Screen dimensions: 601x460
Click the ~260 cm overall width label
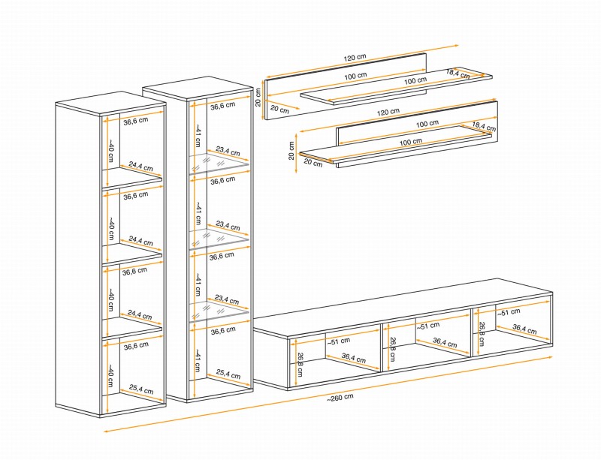[340, 398]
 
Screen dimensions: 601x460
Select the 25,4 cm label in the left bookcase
[141, 389]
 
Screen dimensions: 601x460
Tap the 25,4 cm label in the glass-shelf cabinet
[228, 374]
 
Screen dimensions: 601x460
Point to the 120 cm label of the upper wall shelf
[355, 58]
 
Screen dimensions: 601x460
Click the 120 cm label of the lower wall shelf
[388, 112]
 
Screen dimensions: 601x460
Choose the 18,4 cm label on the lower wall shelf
[484, 126]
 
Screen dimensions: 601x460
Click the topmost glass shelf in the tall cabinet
[219, 164]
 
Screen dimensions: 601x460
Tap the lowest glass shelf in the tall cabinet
[219, 311]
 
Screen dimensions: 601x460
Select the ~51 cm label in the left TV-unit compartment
[339, 341]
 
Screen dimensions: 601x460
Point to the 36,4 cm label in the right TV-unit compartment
[524, 329]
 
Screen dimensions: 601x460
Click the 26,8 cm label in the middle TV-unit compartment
[392, 349]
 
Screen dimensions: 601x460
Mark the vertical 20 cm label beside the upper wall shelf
[258, 97]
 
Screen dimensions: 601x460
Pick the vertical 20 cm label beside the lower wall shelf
[291, 151]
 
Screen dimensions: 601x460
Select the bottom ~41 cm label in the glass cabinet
[198, 360]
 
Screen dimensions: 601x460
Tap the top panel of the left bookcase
[110, 103]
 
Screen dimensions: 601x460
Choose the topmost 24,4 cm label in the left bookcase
[140, 167]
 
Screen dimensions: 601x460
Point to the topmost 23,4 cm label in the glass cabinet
[228, 152]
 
